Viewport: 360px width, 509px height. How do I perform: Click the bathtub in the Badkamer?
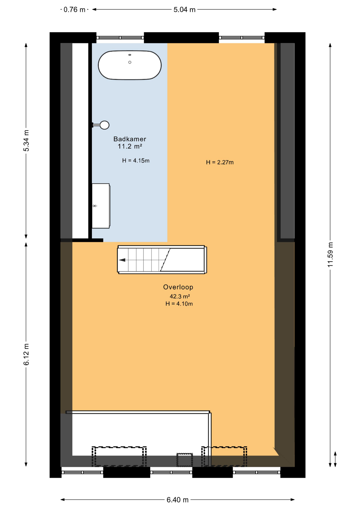click(130, 65)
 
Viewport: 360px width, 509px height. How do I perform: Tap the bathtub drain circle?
click(130, 62)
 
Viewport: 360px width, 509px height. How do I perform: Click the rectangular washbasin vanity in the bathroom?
click(101, 206)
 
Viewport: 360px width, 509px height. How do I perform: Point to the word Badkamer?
click(130, 139)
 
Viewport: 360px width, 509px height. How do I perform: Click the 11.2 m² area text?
click(130, 146)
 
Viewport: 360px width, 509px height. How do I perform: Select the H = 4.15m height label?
click(136, 161)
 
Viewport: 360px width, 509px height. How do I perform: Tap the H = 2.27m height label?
click(220, 162)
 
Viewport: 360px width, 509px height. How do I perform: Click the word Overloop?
click(178, 287)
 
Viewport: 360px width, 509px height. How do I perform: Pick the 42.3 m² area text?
click(180, 296)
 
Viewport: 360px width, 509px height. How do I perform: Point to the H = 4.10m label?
click(179, 304)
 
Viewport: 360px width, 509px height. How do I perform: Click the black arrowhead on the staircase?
click(122, 260)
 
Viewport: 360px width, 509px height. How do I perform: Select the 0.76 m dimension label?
click(74, 10)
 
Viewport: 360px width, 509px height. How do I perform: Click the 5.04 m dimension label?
click(185, 10)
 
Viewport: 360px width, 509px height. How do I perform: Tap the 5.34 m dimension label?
click(26, 141)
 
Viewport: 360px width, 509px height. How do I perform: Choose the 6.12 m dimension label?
click(26, 354)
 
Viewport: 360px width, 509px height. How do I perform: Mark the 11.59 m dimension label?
click(330, 254)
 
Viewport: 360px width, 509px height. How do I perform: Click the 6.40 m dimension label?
click(178, 500)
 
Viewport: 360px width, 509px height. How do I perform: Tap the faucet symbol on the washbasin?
click(95, 206)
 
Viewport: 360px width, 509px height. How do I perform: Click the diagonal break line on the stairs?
click(165, 260)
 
